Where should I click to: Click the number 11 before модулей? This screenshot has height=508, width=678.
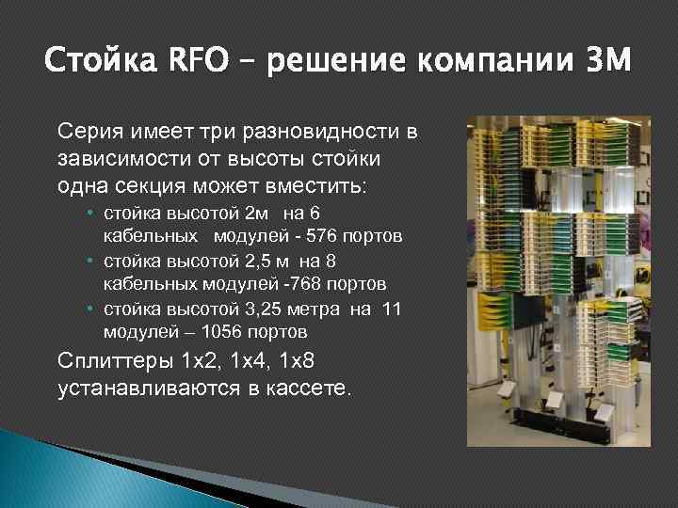click(392, 308)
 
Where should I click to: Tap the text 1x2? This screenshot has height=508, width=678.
click(199, 359)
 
